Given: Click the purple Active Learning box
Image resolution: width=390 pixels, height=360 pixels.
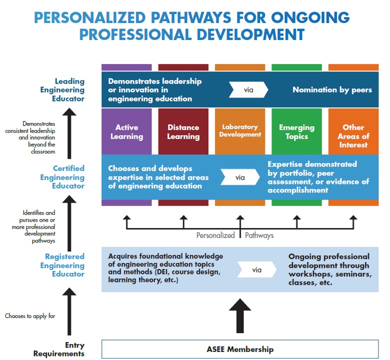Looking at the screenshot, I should tap(126, 131).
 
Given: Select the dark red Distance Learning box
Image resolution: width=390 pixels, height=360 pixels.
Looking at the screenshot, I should tap(183, 131).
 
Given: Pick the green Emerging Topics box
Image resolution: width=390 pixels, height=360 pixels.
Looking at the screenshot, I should tap(297, 131).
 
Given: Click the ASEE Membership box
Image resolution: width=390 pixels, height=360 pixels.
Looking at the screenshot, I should tap(240, 349).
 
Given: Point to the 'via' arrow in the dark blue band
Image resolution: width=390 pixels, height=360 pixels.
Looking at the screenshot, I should tap(249, 90).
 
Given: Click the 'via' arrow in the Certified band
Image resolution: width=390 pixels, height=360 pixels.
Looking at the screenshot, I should tap(240, 176).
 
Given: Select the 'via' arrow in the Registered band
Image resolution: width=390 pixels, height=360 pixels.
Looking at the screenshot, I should tap(257, 269).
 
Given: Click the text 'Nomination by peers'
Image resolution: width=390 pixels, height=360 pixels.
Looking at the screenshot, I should tap(332, 90).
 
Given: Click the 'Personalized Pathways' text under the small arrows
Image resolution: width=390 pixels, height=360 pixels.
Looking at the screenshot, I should tap(235, 235).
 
